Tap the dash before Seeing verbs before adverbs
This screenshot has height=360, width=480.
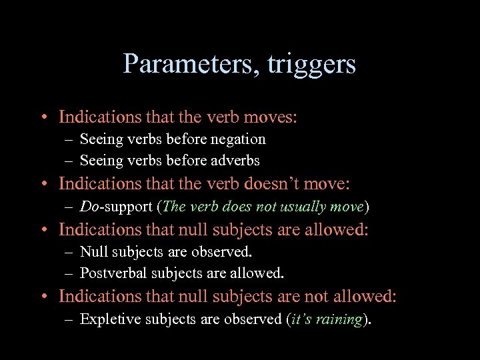tap(69, 161)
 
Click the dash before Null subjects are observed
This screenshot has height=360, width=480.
tap(69, 252)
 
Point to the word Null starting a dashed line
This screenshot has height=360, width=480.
tap(93, 252)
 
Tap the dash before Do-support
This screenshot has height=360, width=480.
tap(69, 207)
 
